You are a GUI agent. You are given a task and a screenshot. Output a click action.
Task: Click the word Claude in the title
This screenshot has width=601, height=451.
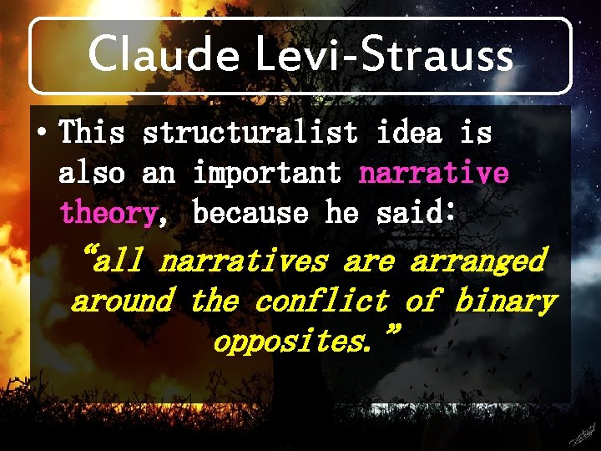coord(164,55)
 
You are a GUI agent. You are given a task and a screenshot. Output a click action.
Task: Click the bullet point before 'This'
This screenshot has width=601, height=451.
coord(43,132)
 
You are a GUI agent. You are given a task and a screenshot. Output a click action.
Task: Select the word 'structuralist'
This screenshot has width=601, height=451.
coord(250,132)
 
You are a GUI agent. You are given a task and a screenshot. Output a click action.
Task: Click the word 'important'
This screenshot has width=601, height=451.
coord(267,173)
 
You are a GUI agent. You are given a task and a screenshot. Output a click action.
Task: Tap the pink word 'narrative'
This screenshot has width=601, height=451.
coord(433,173)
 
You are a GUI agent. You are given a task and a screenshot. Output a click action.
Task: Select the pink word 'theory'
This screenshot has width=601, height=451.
coord(107,214)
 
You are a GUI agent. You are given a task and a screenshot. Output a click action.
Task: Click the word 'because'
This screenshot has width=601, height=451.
coord(250,213)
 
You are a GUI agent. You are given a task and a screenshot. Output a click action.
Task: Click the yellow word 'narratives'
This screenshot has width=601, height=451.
coord(242,261)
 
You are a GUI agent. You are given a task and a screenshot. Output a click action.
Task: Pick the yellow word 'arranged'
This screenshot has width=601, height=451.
coord(477,261)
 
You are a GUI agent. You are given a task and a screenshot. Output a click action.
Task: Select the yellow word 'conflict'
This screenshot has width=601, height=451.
coord(321,301)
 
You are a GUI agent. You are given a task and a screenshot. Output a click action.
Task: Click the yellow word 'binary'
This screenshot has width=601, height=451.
coord(504,301)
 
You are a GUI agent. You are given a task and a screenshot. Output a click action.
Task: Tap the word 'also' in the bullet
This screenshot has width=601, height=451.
coord(92,173)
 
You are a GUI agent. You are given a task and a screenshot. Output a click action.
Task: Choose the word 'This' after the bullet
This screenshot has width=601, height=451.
coord(92,132)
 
